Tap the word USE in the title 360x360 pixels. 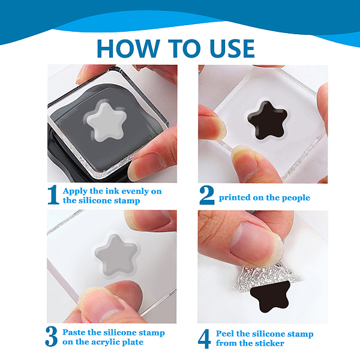232,49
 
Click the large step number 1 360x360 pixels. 53,195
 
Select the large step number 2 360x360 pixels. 207,195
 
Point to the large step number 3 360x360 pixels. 52,337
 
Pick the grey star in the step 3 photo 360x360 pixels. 116,254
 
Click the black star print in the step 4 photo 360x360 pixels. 270,296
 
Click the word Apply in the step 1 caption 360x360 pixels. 75,191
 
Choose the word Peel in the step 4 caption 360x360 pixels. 224,334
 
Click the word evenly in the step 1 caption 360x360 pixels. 134,191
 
